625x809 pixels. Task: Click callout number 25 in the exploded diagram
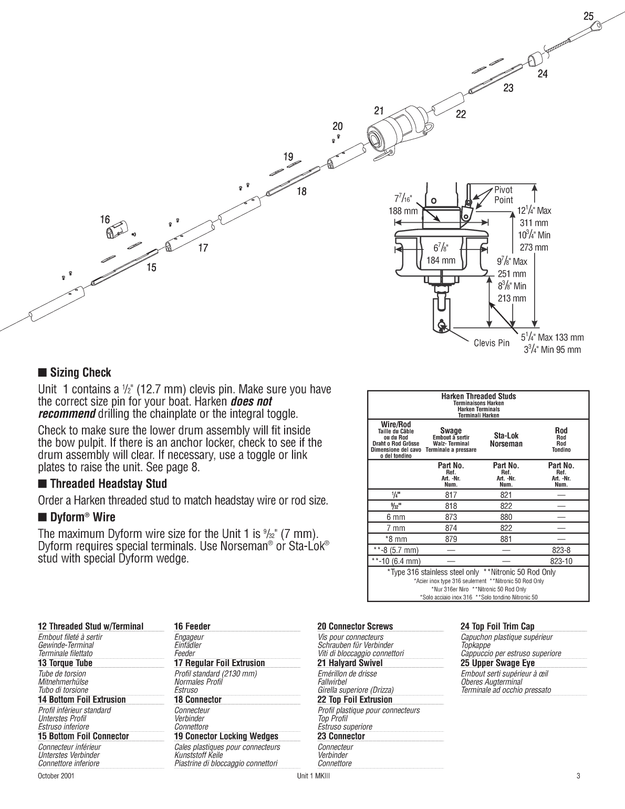[588, 17]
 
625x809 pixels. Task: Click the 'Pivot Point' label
[503, 195]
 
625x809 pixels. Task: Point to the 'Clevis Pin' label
[492, 343]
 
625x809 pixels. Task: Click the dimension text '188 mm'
[403, 211]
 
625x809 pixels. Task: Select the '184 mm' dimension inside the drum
[441, 260]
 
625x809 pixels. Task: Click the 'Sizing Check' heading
[80, 373]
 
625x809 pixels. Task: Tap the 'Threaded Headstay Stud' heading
[108, 484]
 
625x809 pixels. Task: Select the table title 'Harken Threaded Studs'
[478, 396]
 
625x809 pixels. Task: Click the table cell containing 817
[451, 495]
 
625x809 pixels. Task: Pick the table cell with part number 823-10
[561, 561]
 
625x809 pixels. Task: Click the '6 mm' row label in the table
[395, 517]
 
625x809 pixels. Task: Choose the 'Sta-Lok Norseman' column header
[506, 440]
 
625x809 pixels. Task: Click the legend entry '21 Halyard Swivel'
[350, 663]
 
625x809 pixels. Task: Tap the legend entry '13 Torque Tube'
[65, 663]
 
